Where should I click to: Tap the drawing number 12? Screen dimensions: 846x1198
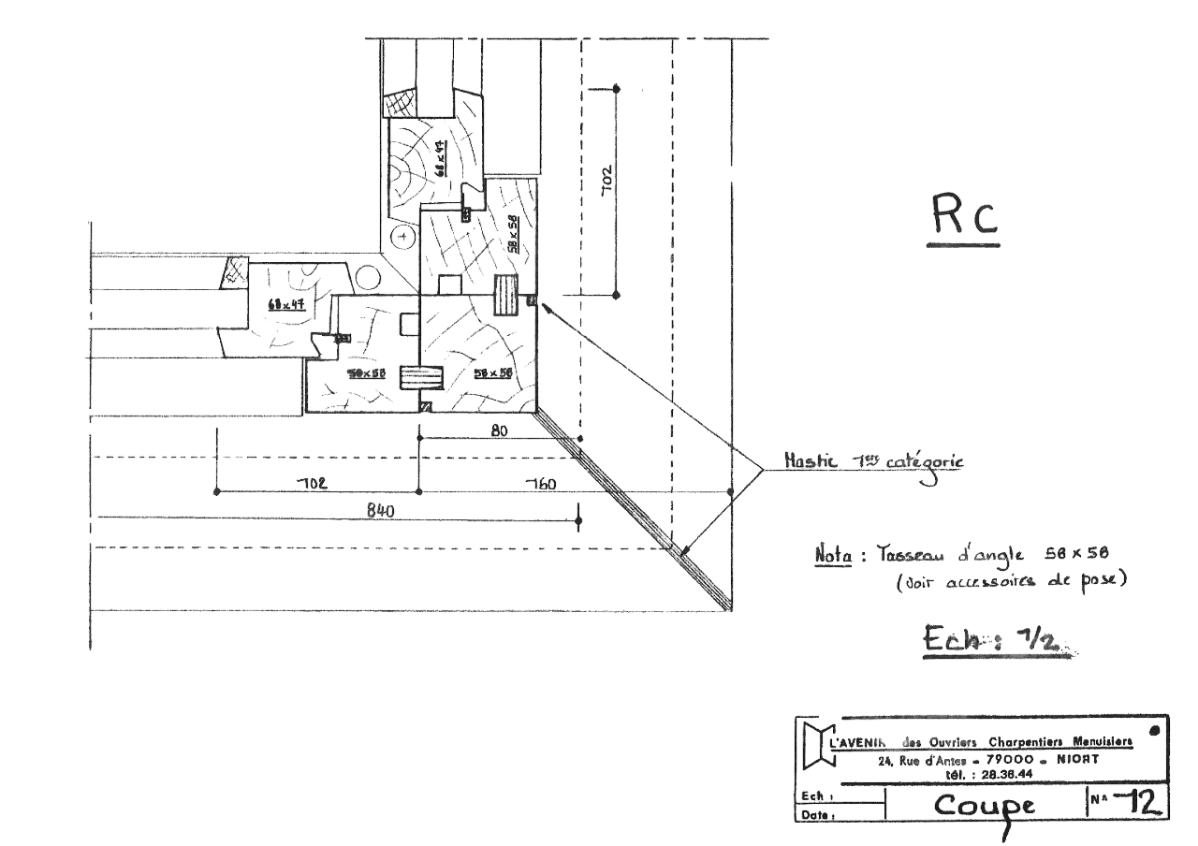click(x=1143, y=801)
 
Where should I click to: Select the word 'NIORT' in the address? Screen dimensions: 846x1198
click(x=1076, y=760)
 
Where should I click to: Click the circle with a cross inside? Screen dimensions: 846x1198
click(x=402, y=238)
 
